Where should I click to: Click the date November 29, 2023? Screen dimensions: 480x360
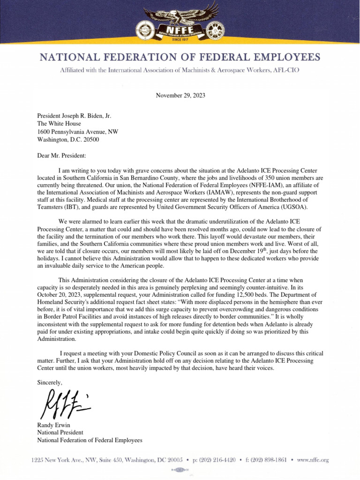click(180, 96)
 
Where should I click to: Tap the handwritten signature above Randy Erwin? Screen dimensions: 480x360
click(64, 405)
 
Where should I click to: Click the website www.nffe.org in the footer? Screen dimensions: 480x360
click(313, 460)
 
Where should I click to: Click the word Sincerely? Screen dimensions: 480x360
click(49, 382)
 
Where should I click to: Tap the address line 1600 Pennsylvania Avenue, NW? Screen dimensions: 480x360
click(78, 132)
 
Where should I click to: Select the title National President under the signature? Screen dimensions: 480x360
click(60, 433)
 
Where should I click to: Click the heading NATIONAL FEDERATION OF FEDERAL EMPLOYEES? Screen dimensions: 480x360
click(180, 58)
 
